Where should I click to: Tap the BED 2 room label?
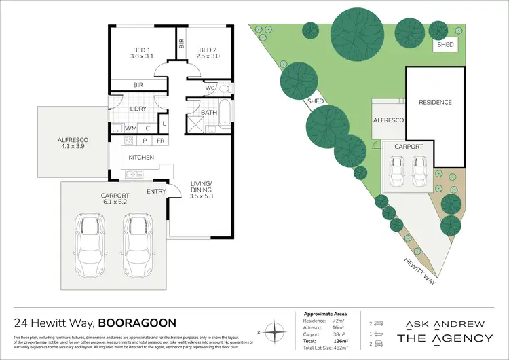point(208,53)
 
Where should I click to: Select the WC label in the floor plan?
point(209,88)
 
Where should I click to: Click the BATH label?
point(208,113)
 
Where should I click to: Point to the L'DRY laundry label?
point(138,109)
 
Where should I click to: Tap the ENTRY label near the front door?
point(156,191)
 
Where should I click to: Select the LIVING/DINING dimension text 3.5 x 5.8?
point(201,196)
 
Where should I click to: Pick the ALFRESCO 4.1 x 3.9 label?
point(73,143)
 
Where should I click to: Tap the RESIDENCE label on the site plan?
point(435,103)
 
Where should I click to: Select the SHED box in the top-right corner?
point(445,44)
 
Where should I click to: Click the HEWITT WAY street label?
point(412,266)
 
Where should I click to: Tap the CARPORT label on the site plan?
point(409,147)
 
